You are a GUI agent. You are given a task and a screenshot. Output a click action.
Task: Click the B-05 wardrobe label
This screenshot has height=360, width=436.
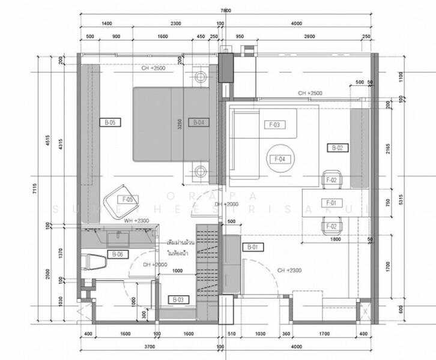tap(110, 122)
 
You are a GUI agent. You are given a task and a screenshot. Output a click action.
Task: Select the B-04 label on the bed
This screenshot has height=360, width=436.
tap(199, 122)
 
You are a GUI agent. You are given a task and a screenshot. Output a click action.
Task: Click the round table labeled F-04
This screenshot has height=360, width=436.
tap(279, 159)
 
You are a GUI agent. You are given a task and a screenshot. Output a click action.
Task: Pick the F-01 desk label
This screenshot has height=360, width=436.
tap(332, 202)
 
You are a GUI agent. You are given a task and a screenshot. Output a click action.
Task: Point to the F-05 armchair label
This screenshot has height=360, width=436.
tap(128, 199)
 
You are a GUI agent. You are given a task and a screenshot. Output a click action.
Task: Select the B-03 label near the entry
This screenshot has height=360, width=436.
tap(178, 299)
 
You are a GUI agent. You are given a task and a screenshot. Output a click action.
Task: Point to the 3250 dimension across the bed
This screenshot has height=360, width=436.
tap(180, 124)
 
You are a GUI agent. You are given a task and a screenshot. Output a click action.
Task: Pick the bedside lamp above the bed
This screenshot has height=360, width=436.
tap(200, 77)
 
